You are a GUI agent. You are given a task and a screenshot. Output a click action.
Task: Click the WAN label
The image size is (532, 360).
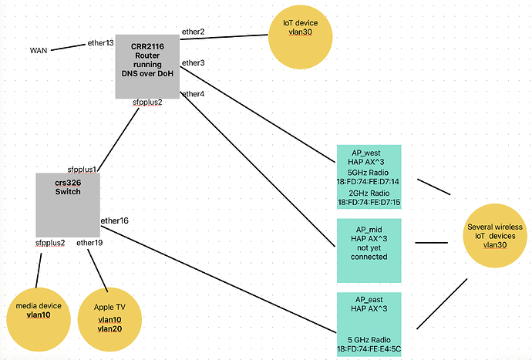[x=39, y=50]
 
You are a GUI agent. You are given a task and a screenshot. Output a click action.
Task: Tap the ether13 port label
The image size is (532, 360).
[x=100, y=43]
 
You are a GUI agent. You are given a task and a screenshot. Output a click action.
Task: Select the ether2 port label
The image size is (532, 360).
[x=193, y=32]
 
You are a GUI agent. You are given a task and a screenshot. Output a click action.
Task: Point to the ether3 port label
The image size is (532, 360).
[x=193, y=62]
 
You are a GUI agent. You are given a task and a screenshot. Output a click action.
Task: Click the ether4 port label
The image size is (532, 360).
[x=193, y=94]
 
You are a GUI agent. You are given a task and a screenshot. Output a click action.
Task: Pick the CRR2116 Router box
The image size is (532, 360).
[x=146, y=59]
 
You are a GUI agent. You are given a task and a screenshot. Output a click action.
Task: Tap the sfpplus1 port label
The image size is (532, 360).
[x=82, y=169]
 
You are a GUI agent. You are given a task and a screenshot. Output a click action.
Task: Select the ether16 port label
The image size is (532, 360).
[x=114, y=221]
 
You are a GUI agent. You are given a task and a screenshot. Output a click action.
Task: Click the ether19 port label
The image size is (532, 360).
[x=89, y=244]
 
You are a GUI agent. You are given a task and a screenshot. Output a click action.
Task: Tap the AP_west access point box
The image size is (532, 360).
[x=377, y=176]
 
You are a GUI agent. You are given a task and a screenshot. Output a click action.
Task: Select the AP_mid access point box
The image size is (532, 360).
[x=377, y=250]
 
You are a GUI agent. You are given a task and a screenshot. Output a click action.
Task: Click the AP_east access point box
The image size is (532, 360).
[x=377, y=323]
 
